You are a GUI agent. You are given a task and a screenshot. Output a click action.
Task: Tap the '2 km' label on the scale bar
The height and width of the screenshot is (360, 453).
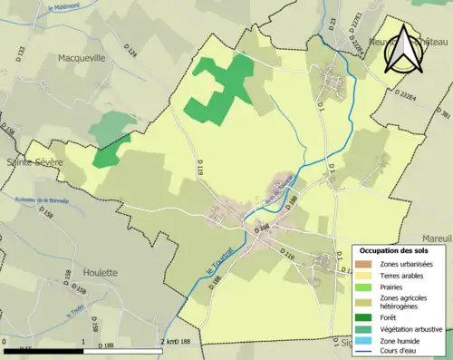pyautogui.click(x=169, y=341)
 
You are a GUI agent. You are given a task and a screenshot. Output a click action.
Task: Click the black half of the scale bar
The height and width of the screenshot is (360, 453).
pyautogui.click(x=44, y=350)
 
